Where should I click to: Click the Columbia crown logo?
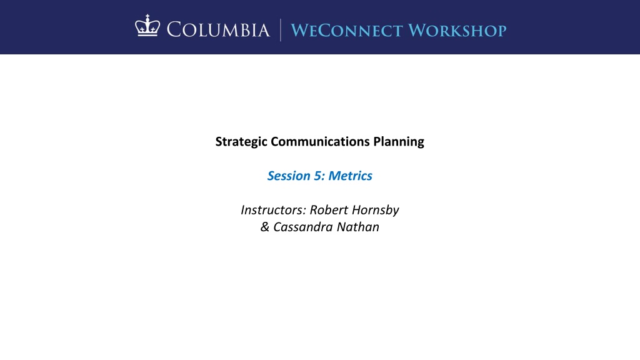[147, 26]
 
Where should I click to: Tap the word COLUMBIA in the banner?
[218, 30]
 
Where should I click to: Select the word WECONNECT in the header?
[347, 31]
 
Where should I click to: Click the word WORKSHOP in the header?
[457, 31]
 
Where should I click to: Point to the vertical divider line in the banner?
[281, 30]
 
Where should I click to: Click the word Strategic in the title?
[241, 142]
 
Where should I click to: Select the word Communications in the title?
[320, 141]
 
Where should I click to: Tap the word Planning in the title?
[399, 142]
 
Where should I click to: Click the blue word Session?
[289, 176]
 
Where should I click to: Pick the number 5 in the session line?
[317, 176]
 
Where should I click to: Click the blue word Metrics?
[350, 176]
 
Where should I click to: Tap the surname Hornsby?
[376, 210]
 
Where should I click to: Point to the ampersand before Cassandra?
[265, 227]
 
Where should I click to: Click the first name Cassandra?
[303, 227]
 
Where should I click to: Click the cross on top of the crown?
[147, 17]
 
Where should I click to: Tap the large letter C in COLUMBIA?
[174, 30]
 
